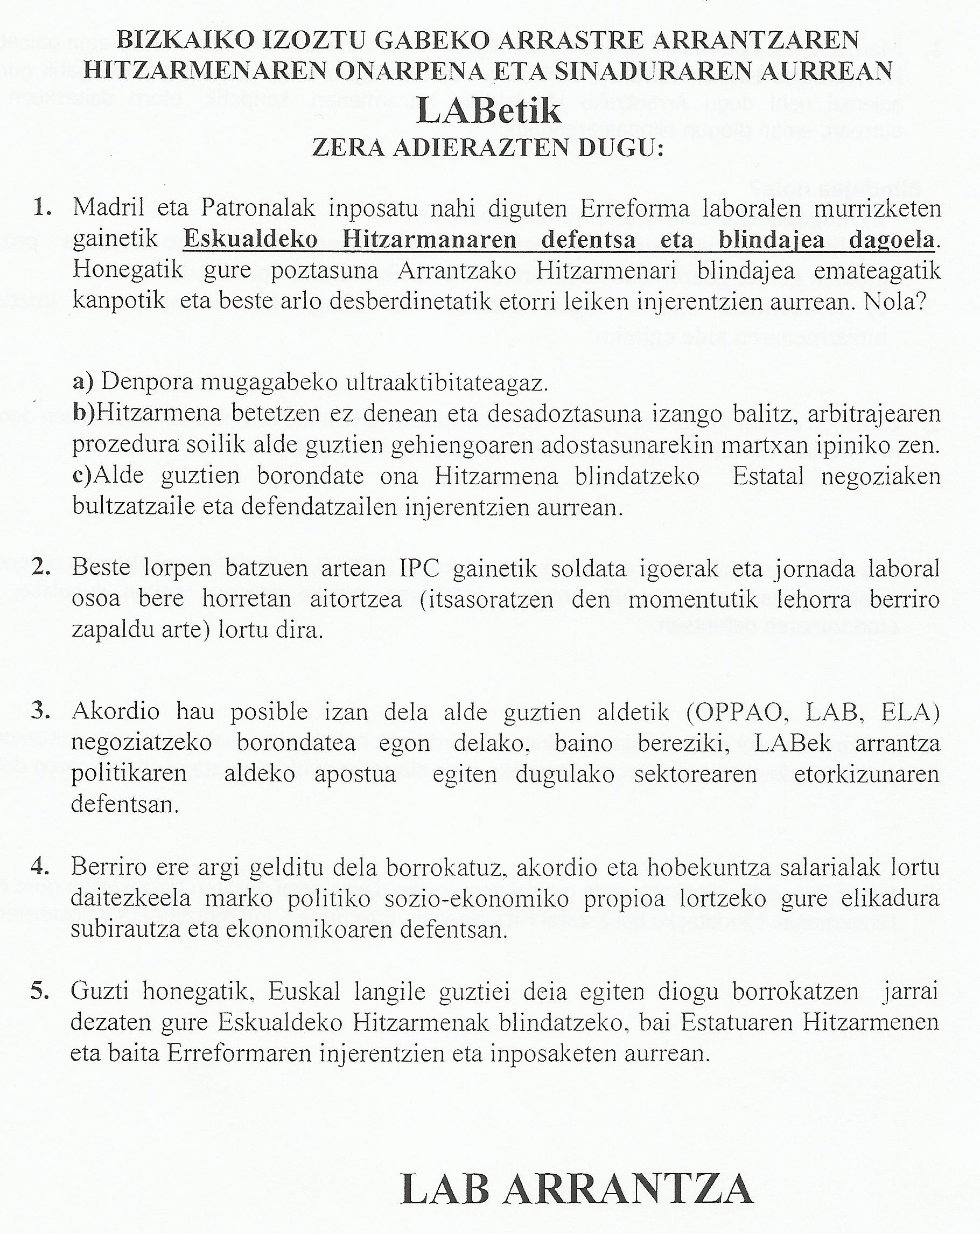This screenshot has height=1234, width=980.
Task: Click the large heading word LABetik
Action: [488, 110]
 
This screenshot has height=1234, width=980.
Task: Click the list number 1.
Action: [42, 208]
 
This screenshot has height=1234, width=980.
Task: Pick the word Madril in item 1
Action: [107, 208]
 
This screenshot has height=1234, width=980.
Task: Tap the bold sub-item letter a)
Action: [83, 382]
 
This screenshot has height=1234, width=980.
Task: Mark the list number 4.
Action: [40, 867]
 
